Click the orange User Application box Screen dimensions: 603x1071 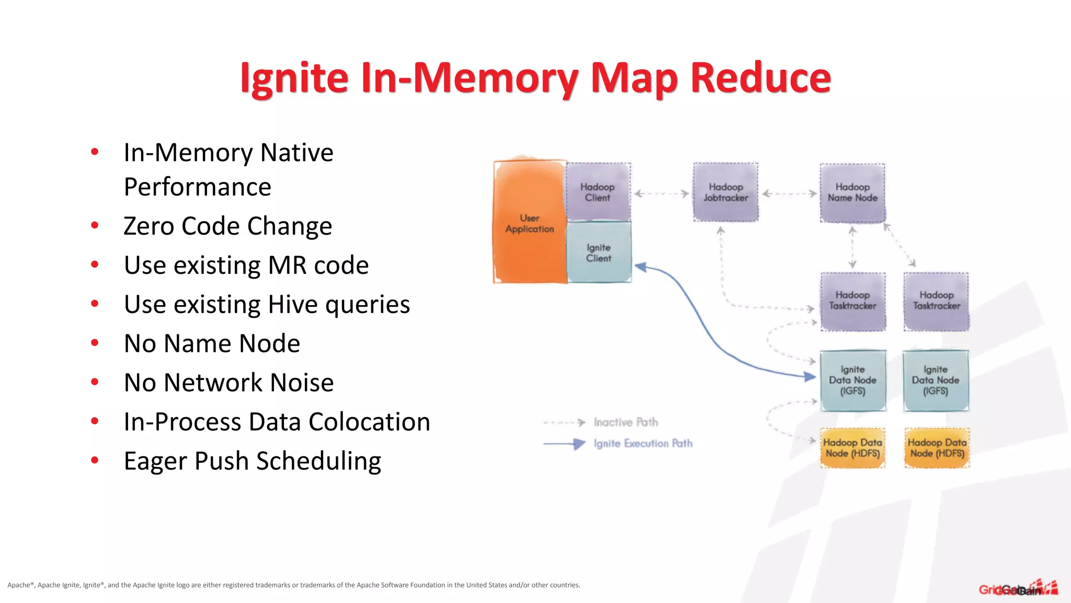pos(529,222)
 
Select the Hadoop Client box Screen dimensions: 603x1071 pos(598,192)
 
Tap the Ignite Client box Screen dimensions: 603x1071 pos(599,253)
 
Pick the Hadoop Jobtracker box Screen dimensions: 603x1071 pos(725,192)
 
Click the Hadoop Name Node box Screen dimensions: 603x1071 pos(852,192)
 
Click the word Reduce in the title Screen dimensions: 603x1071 pos(760,77)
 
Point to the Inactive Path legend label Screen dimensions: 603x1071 pos(625,422)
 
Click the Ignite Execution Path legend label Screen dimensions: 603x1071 pos(643,443)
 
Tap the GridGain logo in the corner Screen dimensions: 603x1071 pos(1018,589)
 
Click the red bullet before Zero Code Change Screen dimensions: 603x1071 pos(95,226)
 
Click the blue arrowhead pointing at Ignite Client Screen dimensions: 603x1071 pos(641,267)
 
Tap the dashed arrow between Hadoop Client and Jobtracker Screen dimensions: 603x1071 pos(662,194)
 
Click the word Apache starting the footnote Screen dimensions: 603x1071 pos(19,585)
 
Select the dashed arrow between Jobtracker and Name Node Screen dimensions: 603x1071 pos(789,194)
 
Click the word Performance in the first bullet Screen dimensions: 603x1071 pos(197,187)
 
